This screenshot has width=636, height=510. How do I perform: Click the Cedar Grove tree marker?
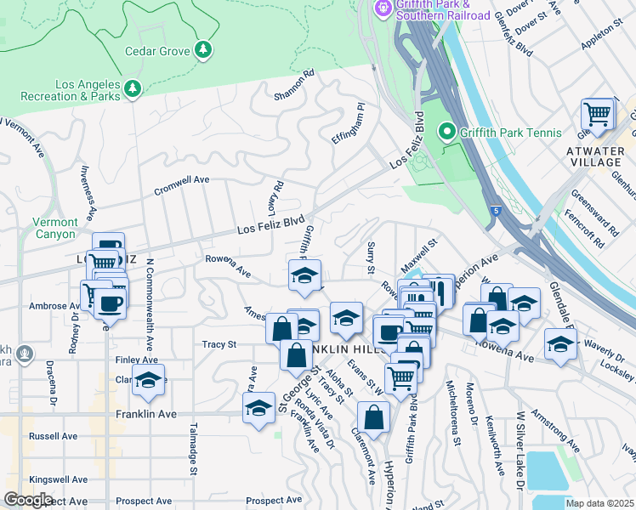203,51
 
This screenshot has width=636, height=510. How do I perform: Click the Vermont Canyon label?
54,228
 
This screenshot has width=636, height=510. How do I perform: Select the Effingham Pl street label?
348,124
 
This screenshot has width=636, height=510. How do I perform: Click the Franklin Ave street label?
145,414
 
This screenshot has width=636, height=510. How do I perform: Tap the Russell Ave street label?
54,436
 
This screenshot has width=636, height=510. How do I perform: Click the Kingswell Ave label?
59,480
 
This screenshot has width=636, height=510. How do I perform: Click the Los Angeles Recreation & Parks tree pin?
132,89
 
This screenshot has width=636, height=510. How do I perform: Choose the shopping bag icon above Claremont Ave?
373,416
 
